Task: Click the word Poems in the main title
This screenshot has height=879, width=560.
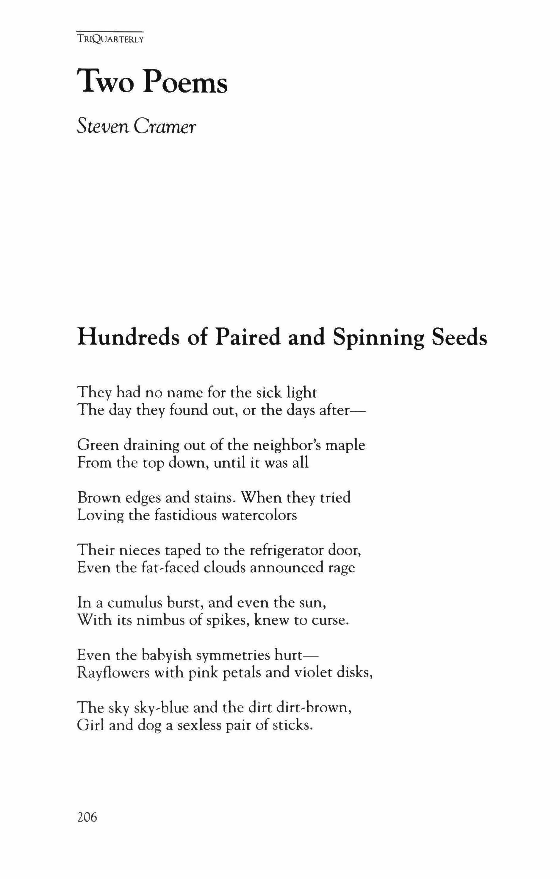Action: click(x=185, y=82)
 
